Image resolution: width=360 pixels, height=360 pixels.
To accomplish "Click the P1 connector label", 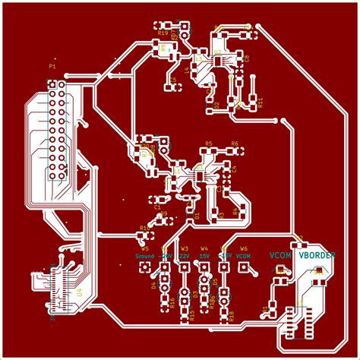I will click(52, 67).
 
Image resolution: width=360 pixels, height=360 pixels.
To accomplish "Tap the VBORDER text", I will click(316, 256).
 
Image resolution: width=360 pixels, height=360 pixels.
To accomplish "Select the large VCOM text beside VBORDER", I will click(281, 256).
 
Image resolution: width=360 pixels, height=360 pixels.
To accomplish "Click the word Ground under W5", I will click(144, 257).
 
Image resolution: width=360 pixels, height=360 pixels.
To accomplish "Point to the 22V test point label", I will click(185, 257).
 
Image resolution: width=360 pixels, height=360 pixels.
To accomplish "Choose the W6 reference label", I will click(244, 248).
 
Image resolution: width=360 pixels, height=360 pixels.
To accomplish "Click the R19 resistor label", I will click(163, 33).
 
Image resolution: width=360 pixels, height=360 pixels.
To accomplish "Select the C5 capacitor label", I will click(172, 80).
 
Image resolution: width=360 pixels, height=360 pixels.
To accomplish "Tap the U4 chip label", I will click(78, 292).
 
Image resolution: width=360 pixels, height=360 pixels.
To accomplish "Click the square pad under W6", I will click(244, 267).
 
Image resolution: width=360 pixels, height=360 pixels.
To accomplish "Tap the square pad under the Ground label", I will click(145, 267).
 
